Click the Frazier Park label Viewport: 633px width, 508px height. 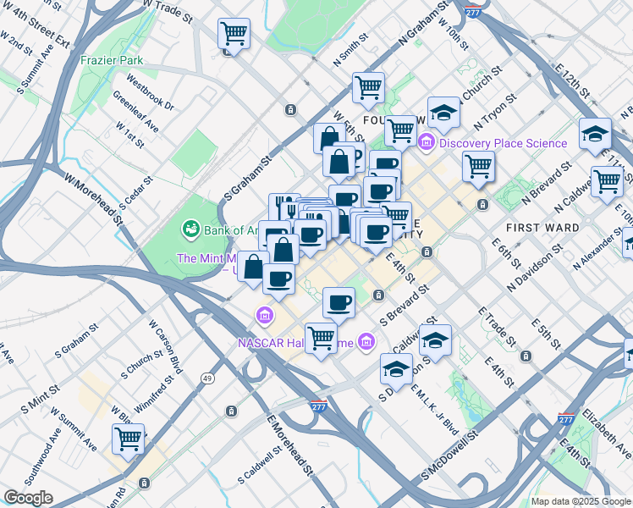[x=112, y=60]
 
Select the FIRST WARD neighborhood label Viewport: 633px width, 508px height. [x=542, y=228]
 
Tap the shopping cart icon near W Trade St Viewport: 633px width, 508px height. [x=234, y=34]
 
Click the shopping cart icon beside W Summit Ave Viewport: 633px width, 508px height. [x=129, y=439]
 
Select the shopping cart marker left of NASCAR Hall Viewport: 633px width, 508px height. [x=321, y=338]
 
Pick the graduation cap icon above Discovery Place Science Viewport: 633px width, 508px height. [x=443, y=112]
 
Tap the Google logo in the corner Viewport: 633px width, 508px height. [x=29, y=498]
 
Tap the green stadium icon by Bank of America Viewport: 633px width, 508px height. [x=190, y=229]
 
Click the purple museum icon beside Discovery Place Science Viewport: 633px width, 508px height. [x=427, y=142]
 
